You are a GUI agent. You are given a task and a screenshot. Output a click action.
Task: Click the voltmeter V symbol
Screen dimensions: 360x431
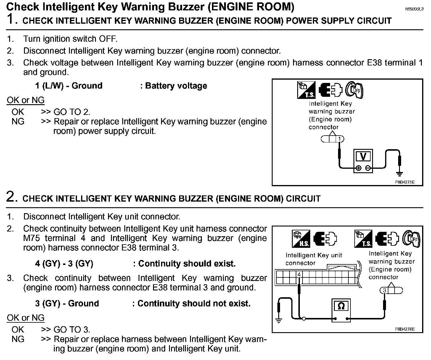(363, 156)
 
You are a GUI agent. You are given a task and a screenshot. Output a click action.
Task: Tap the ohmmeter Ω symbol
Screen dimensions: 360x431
(341, 306)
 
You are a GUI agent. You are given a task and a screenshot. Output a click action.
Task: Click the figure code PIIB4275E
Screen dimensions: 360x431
(405, 182)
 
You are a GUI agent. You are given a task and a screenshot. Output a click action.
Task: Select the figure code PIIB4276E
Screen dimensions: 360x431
(405, 329)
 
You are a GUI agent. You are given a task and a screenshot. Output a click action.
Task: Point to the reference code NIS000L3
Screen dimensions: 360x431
(414, 9)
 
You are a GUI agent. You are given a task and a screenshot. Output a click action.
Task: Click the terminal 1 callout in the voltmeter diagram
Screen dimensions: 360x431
(340, 139)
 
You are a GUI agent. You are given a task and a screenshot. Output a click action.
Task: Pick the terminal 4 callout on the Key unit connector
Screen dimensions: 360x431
(299, 274)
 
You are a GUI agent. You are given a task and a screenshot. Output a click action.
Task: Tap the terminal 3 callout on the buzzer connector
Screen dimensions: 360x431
(384, 290)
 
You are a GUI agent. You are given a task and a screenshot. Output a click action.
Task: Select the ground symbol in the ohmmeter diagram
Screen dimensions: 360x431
(279, 320)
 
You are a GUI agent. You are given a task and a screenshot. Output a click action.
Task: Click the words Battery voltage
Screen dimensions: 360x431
(176, 86)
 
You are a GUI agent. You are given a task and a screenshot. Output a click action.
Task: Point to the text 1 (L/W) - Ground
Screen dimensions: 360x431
(69, 86)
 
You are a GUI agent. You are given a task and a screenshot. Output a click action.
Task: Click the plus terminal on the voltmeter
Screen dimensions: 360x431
(358, 168)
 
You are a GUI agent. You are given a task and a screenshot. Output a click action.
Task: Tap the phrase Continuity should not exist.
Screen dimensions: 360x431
(194, 303)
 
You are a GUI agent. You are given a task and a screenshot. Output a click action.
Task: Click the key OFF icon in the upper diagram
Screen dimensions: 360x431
(355, 90)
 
